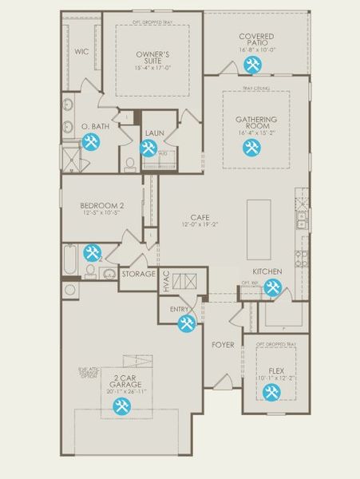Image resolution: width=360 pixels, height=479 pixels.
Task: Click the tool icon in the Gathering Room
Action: tap(252, 148)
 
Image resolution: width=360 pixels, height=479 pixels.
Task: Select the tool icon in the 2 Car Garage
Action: tap(121, 407)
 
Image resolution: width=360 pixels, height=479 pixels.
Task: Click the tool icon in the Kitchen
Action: tap(272, 289)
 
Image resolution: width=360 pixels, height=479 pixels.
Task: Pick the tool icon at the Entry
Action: tap(186, 323)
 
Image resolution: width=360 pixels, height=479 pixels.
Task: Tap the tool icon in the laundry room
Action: tap(148, 148)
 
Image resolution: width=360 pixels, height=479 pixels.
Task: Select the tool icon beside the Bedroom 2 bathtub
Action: tap(93, 253)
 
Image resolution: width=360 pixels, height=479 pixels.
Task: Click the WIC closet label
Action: tap(81, 51)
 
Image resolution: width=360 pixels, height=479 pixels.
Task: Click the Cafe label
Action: tap(199, 217)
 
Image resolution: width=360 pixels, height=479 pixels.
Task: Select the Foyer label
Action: tap(223, 345)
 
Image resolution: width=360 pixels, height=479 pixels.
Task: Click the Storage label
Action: tap(138, 274)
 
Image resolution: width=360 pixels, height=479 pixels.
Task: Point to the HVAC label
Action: tap(166, 281)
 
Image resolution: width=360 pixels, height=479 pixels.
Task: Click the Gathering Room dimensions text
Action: tap(256, 133)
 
